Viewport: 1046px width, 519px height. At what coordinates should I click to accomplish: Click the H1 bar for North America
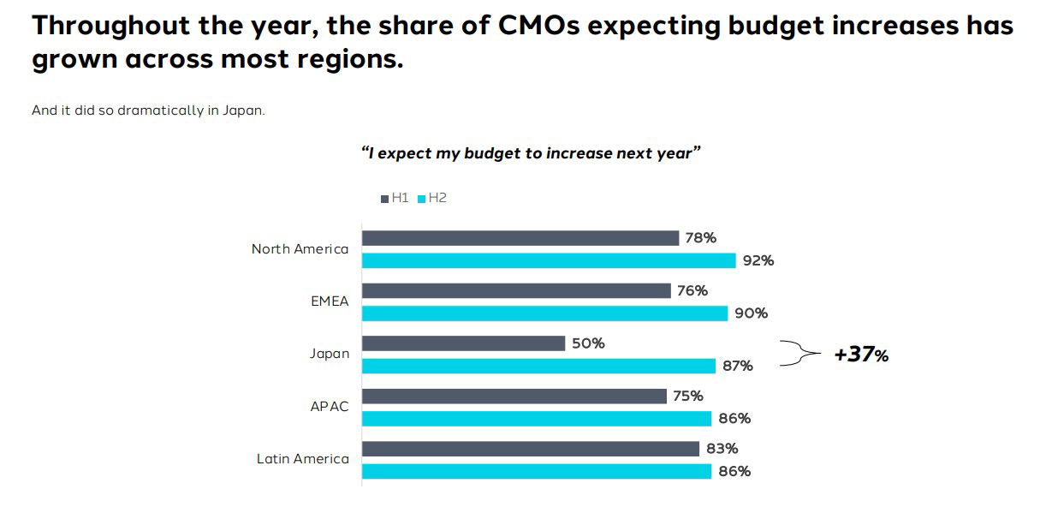pyautogui.click(x=520, y=238)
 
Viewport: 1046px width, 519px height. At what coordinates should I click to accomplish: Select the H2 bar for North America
pyautogui.click(x=549, y=260)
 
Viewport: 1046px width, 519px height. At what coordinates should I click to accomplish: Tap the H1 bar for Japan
pyautogui.click(x=463, y=343)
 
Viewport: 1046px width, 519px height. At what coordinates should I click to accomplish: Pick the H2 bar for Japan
pyautogui.click(x=538, y=366)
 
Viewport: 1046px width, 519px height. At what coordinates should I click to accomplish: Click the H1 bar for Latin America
pyautogui.click(x=531, y=449)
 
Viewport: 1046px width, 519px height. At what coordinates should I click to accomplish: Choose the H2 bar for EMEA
pyautogui.click(x=544, y=313)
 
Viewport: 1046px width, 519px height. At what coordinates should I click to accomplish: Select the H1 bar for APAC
pyautogui.click(x=514, y=396)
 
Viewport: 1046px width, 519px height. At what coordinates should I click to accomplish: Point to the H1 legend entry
pyautogui.click(x=395, y=198)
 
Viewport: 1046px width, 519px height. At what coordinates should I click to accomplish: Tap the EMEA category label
pyautogui.click(x=330, y=301)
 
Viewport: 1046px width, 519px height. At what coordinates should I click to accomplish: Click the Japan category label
pyautogui.click(x=330, y=354)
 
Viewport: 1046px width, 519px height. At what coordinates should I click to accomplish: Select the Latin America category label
pyautogui.click(x=303, y=459)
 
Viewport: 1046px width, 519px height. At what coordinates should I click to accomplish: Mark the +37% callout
pyautogui.click(x=861, y=355)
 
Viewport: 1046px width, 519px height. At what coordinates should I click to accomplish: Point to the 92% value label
pyautogui.click(x=758, y=260)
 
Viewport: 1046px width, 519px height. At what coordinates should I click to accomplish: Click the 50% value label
pyautogui.click(x=589, y=343)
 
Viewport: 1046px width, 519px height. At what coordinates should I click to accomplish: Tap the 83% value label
pyautogui.click(x=722, y=449)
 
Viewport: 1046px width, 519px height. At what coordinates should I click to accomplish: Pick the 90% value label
pyautogui.click(x=751, y=313)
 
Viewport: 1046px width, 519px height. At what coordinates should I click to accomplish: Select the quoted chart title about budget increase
pyautogui.click(x=531, y=153)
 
